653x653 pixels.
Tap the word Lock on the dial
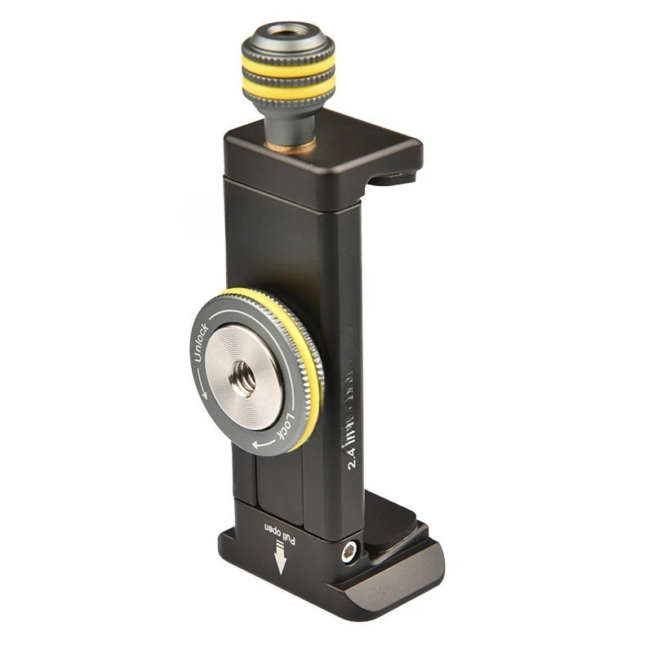(x=285, y=430)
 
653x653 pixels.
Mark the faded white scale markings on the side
(x=353, y=400)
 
